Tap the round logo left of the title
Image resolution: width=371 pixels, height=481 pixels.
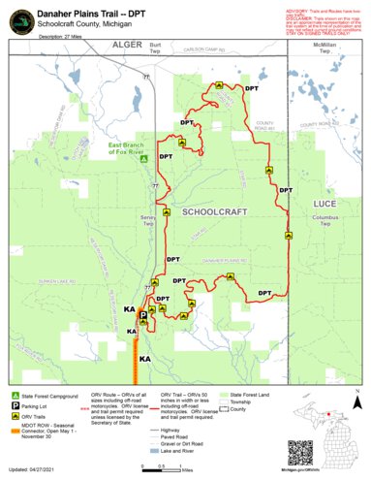[x=19, y=20]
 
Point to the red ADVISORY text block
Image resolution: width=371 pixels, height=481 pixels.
[x=321, y=18]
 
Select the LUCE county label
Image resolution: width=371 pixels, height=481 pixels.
[x=325, y=205]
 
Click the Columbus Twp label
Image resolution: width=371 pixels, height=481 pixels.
[x=325, y=221]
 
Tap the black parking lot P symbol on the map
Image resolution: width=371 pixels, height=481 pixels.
[x=143, y=316]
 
